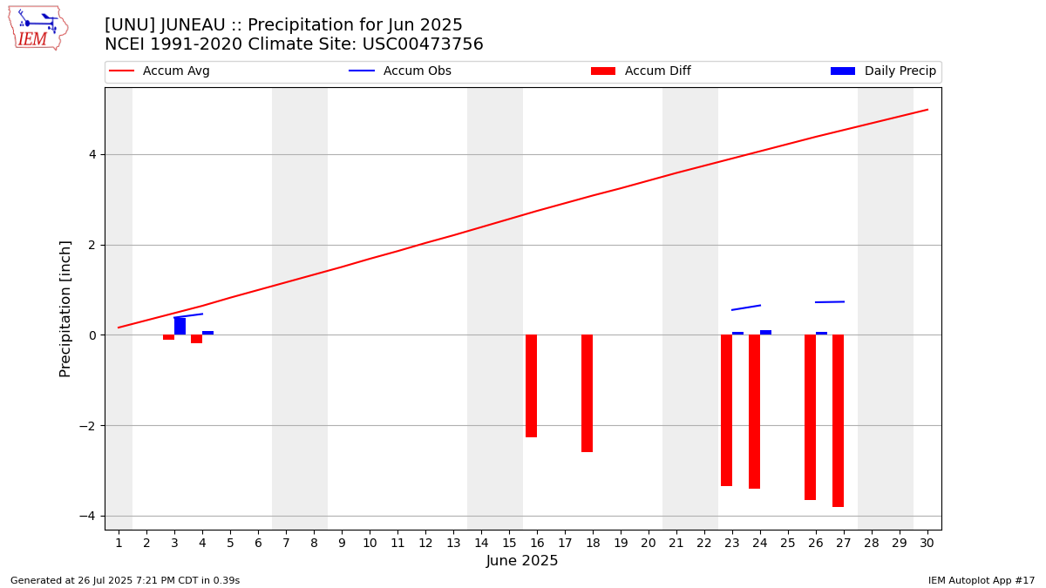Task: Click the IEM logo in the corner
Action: tap(37, 28)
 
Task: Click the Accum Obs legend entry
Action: tap(400, 71)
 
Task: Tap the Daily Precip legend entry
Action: tap(883, 71)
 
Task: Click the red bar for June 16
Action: tap(531, 386)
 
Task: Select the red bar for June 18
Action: tap(587, 393)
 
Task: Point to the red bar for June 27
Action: tap(838, 421)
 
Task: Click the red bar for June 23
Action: tap(726, 410)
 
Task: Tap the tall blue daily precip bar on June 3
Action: tap(180, 326)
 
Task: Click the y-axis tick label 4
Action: tap(92, 154)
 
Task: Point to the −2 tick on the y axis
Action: tap(88, 426)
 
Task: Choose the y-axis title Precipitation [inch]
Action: tap(65, 308)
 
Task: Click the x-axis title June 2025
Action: tap(522, 561)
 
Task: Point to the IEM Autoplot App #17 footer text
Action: tap(981, 580)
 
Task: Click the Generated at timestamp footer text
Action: tap(125, 580)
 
